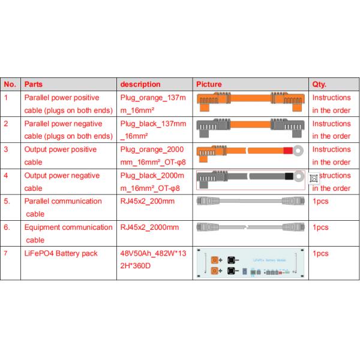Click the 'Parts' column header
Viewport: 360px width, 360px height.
coord(34,85)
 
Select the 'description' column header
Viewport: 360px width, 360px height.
coord(140,85)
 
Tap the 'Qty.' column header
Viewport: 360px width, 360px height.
coord(319,85)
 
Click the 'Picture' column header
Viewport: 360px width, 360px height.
coord(209,85)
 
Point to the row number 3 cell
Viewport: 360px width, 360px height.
coord(7,150)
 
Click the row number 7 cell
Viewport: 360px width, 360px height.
coord(7,254)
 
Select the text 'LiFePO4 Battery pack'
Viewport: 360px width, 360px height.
coord(61,254)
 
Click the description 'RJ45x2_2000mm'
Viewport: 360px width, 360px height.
coord(149,227)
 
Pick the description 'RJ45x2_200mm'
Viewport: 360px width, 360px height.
coord(148,201)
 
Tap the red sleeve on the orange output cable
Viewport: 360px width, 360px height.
coord(288,151)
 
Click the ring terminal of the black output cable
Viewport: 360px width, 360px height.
coord(298,178)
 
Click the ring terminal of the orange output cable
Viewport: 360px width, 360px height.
coord(299,151)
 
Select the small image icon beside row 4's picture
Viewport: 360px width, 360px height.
coord(312,178)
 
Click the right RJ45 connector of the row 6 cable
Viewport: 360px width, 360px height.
coord(296,228)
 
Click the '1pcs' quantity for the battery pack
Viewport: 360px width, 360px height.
coord(320,254)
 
